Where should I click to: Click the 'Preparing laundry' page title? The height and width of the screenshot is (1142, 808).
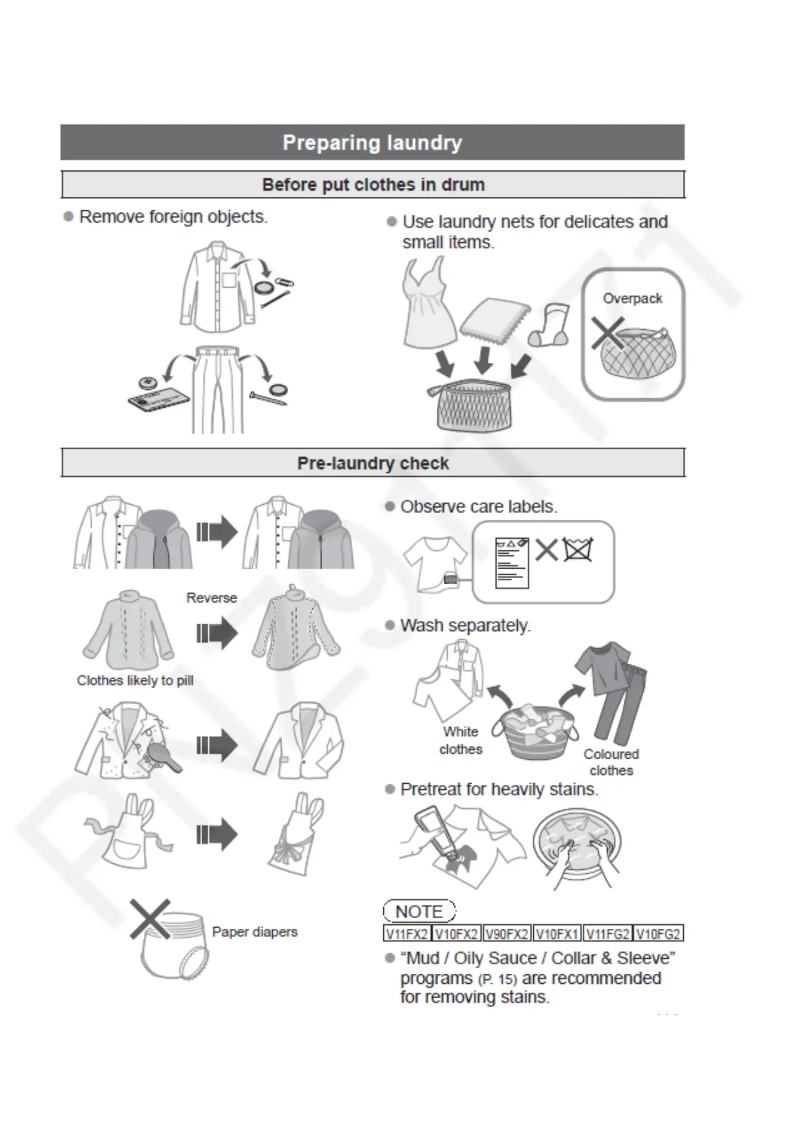372,142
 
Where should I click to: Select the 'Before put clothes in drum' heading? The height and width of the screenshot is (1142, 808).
372,185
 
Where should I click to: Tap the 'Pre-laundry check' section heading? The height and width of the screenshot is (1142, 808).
372,463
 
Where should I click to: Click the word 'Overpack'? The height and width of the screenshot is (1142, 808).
632,299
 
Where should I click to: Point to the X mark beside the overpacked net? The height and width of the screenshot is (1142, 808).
607,334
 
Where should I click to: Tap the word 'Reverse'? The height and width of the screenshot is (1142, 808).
212,598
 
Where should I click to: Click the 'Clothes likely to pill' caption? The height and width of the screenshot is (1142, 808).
135,681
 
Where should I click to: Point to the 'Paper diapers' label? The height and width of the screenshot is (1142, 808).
254,932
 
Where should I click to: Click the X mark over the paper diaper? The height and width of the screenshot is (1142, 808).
151,920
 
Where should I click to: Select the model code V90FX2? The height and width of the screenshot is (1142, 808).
507,934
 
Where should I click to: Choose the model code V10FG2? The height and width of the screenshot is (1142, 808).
658,934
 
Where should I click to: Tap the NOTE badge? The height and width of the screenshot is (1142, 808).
419,911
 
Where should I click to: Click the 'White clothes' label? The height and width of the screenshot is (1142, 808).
461,740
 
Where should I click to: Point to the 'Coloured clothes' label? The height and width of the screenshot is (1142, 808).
611,762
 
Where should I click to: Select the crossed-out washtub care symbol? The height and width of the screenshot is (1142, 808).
578,549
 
